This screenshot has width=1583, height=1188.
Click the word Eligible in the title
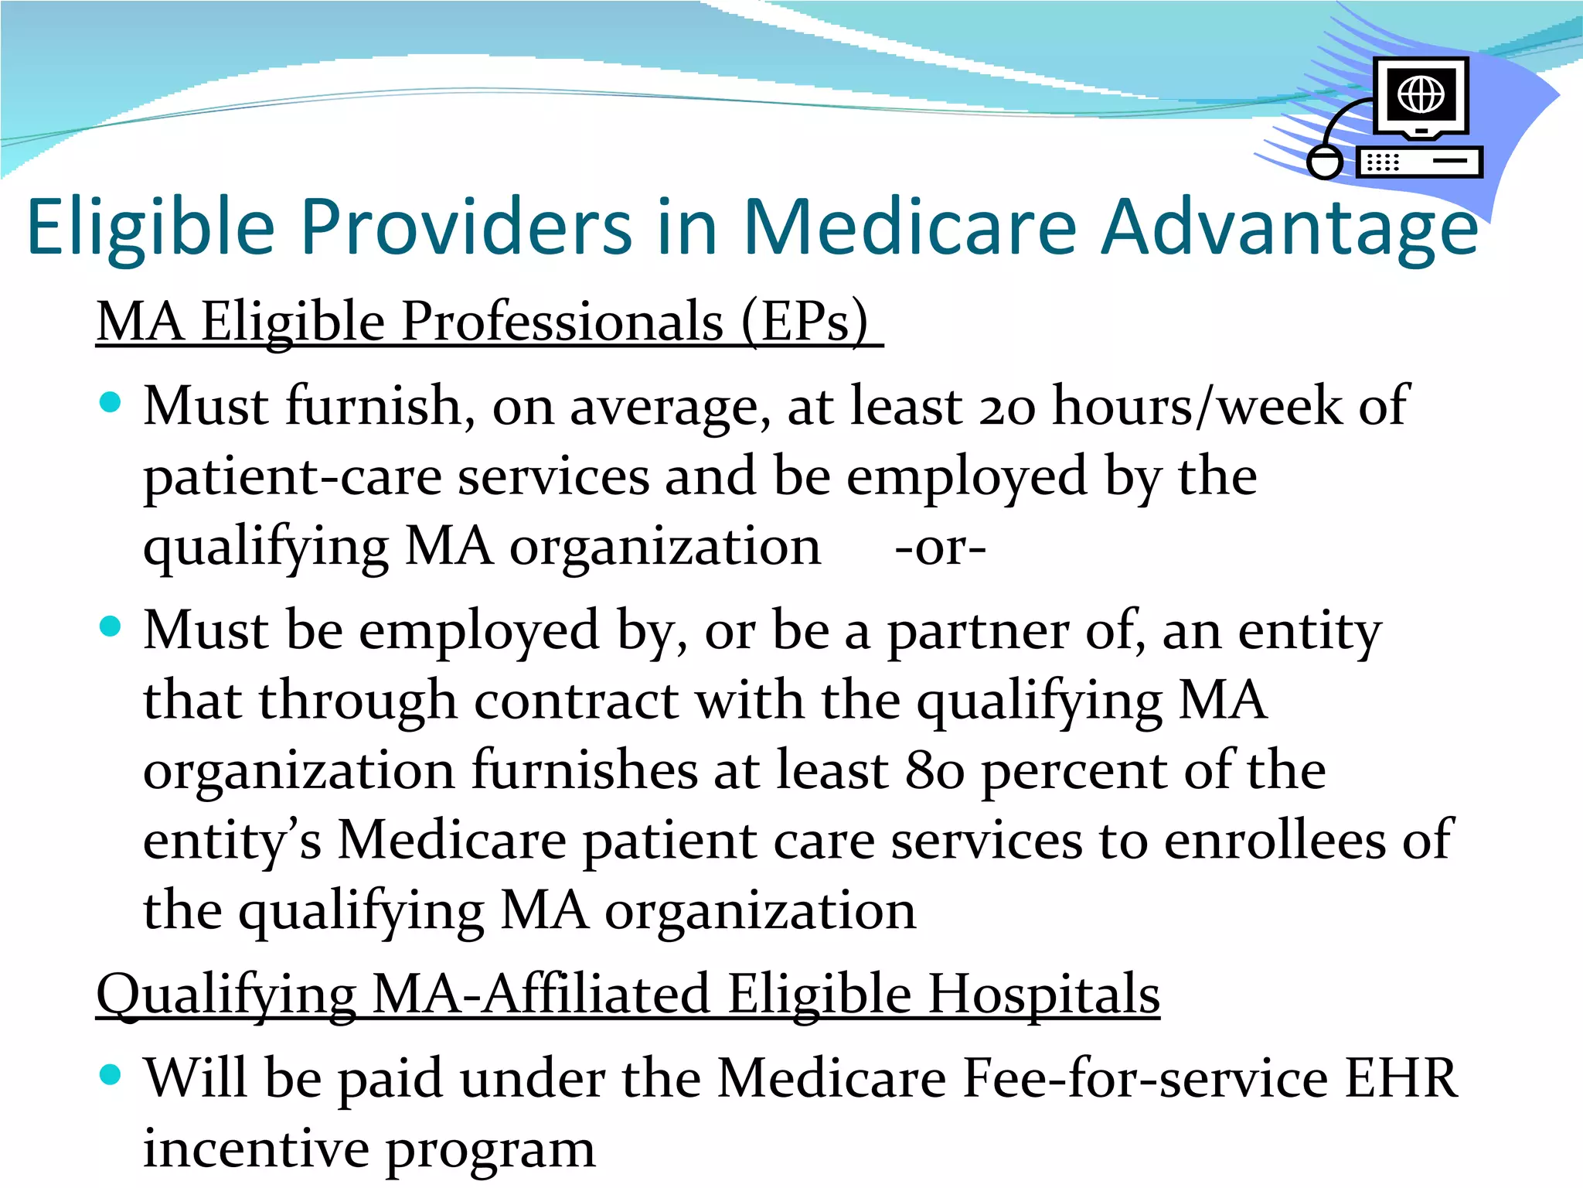151,227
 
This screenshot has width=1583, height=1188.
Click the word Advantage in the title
1289,227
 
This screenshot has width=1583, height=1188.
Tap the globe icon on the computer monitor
1421,94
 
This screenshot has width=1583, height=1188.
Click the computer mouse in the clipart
1325,162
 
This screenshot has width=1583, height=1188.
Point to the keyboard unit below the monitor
1419,162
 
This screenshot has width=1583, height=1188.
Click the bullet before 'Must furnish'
111,402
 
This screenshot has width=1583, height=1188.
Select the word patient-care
292,477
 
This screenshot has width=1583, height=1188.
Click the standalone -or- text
940,548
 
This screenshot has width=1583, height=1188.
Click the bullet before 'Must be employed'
111,626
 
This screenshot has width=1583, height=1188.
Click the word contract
576,701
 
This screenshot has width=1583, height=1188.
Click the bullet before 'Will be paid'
111,1075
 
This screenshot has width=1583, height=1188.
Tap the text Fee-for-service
1146,1078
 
